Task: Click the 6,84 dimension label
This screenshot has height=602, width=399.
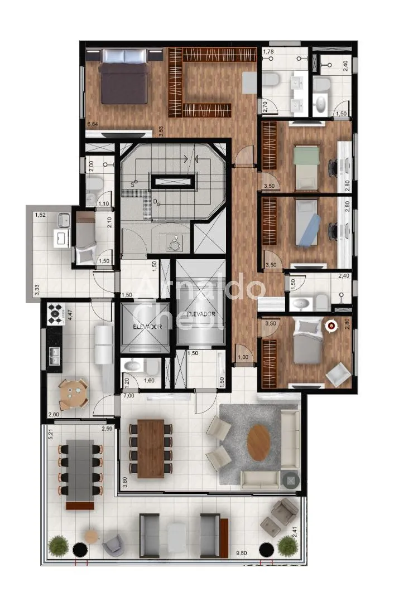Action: click(93, 123)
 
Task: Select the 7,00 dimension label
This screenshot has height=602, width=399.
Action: click(128, 395)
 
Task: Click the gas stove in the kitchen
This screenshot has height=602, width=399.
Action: click(56, 313)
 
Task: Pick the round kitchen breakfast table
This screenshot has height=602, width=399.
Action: click(74, 394)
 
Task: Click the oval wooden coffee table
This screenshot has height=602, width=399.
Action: click(258, 443)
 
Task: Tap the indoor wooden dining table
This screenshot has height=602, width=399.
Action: click(150, 448)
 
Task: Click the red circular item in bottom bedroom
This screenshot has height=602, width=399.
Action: click(333, 325)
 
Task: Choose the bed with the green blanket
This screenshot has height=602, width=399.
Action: click(306, 166)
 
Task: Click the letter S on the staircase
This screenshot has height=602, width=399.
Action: click(133, 183)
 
